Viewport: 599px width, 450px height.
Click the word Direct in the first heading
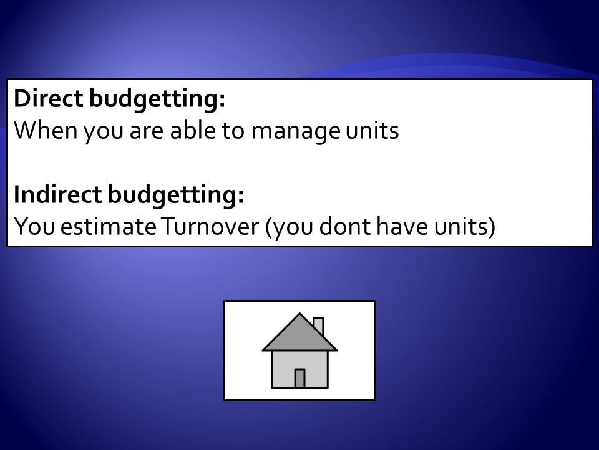coord(49,98)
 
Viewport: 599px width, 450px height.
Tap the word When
coord(46,130)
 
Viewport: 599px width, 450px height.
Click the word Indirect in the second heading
coord(57,194)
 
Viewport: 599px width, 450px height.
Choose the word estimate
coord(108,226)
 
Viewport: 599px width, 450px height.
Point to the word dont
coord(344,226)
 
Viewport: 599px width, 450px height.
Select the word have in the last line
coord(402,226)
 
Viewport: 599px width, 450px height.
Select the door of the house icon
coord(299,379)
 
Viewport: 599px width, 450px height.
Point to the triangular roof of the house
coord(299,337)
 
